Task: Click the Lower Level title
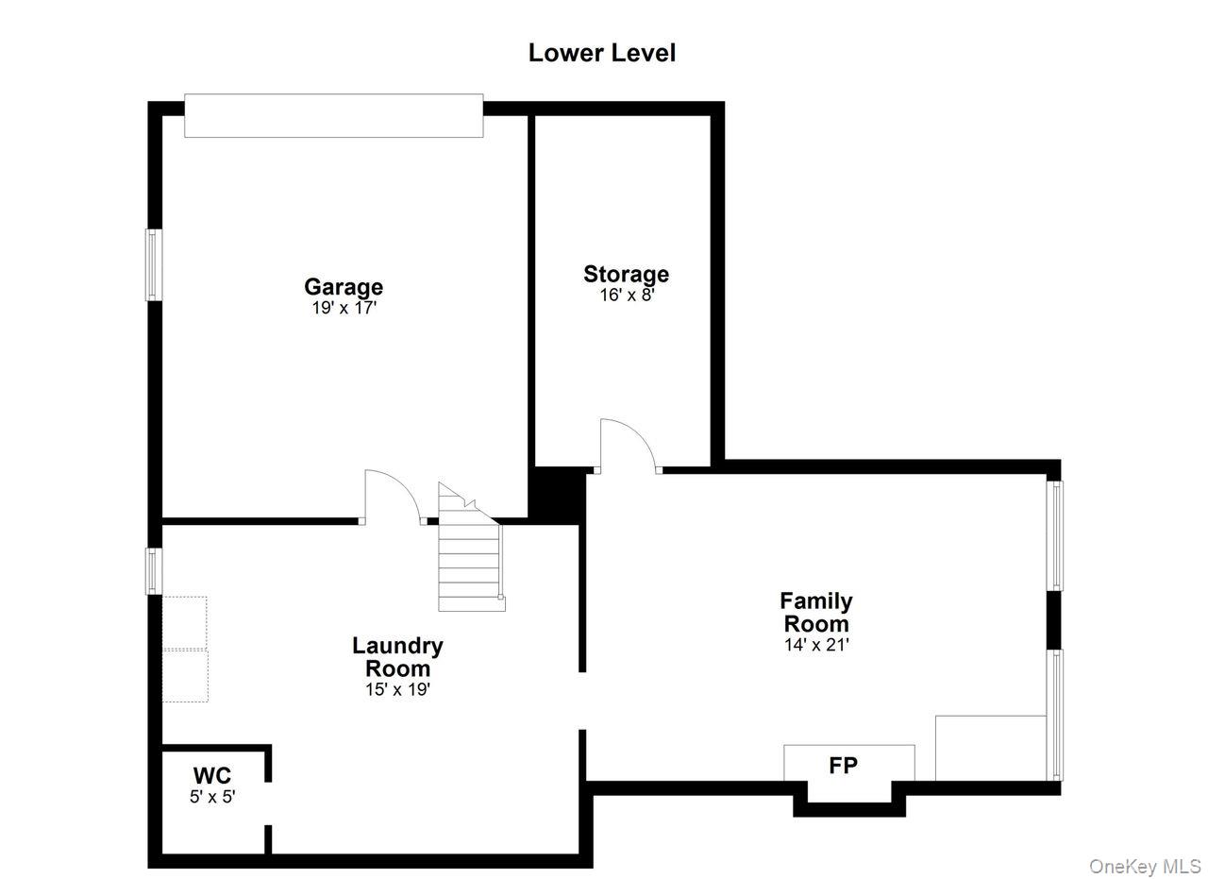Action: click(602, 53)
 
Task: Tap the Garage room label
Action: click(344, 286)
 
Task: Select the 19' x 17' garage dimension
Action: click(344, 308)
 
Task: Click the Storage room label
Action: click(626, 274)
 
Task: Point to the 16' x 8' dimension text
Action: click(628, 296)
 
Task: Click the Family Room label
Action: click(816, 612)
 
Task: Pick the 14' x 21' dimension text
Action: click(816, 645)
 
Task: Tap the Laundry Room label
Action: click(397, 657)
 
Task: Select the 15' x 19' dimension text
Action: click(397, 689)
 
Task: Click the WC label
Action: click(212, 775)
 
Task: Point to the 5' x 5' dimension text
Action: click(212, 797)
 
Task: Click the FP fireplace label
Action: click(843, 765)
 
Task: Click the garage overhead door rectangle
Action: click(334, 115)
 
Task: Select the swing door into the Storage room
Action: click(629, 447)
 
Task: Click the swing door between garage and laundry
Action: click(393, 498)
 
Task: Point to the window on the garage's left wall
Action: click(154, 265)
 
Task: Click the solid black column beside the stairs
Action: click(557, 496)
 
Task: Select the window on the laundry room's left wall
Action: click(154, 571)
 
